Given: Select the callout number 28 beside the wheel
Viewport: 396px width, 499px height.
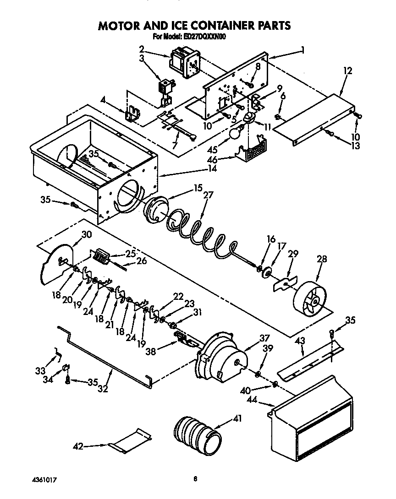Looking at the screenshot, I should click(x=322, y=259).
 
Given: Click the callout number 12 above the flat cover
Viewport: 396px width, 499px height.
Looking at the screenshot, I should click(x=348, y=71).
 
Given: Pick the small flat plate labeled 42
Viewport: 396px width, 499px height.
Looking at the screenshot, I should click(x=132, y=441).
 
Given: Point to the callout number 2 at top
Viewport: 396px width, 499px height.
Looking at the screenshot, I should click(x=142, y=48).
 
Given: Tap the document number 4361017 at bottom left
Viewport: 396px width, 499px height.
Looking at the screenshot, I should click(x=44, y=480).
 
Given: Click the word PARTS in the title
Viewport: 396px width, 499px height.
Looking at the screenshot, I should click(x=268, y=26).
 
